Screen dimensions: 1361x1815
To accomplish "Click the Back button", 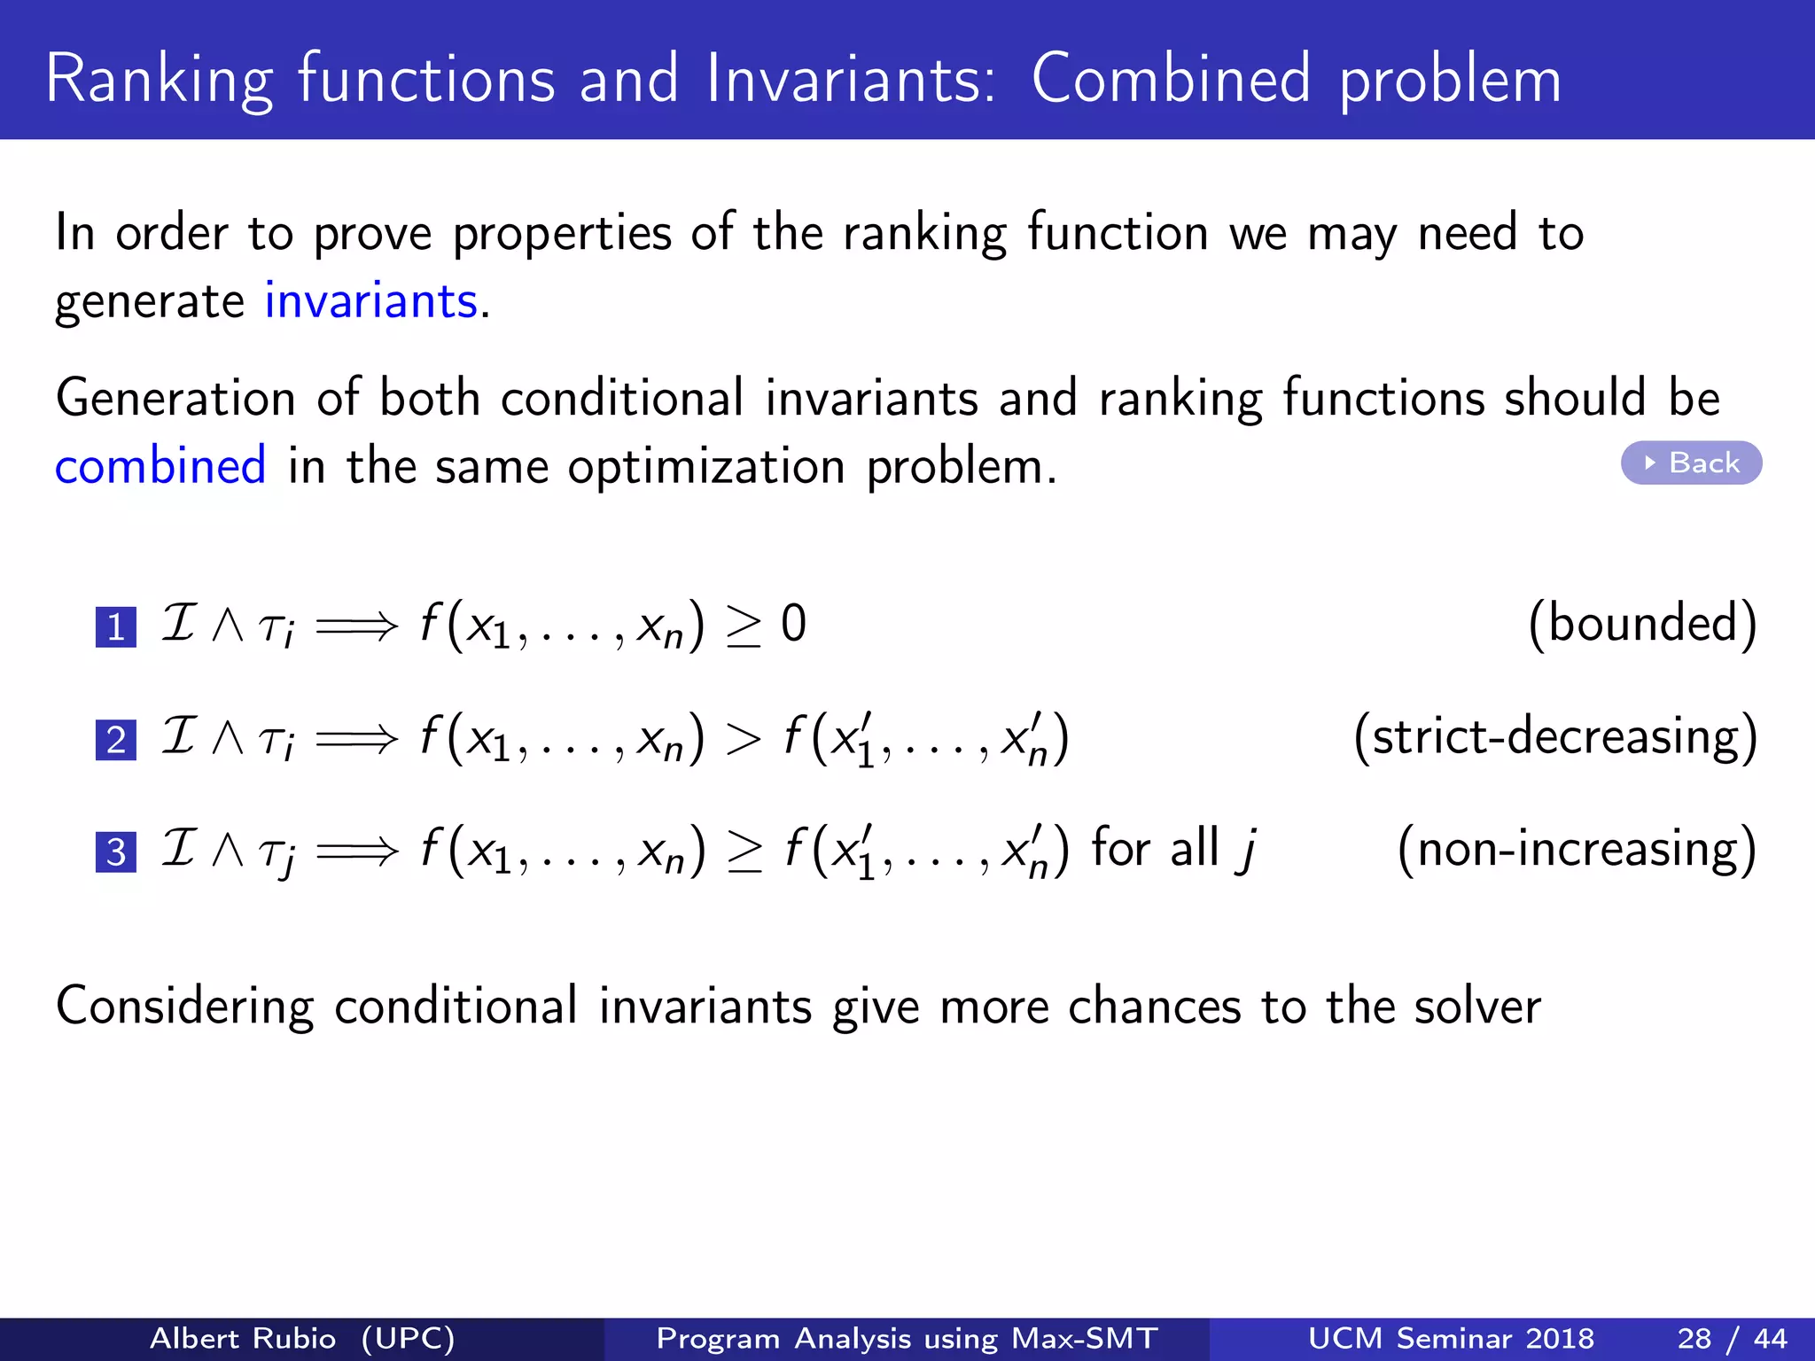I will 1691,463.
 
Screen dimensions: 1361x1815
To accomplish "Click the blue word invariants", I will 371,301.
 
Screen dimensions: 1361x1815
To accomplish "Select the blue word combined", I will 160,466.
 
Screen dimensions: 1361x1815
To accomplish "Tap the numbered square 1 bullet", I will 116,627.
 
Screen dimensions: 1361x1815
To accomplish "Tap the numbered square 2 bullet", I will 116,740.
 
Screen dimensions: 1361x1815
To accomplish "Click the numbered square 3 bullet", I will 116,852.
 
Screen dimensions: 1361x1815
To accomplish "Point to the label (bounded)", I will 1642,624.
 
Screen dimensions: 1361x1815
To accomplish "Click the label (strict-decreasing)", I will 1555,736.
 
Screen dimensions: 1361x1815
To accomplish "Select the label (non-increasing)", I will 1577,849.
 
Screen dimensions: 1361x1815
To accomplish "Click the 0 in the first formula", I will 793,624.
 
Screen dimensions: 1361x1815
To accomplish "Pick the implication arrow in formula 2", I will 357,739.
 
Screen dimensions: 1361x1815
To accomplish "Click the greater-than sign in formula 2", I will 743,739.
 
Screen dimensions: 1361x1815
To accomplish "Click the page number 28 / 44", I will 1732,1338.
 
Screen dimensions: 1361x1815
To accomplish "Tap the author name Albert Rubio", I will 243,1338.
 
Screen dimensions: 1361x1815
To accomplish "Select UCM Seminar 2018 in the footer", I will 1451,1338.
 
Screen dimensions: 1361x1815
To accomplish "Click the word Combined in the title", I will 1171,80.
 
